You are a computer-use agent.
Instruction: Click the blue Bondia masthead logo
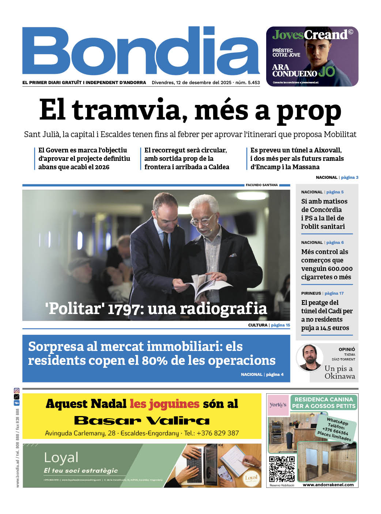coord(141,51)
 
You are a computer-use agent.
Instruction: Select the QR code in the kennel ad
coord(282,469)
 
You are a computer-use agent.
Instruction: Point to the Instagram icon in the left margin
coord(16,391)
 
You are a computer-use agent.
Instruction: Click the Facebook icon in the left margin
coord(16,403)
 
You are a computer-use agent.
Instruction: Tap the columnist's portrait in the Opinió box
coord(309,358)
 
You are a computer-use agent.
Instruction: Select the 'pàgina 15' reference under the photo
coord(280,325)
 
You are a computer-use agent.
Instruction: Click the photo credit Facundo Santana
coord(262,185)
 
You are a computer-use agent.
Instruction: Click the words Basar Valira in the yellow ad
coord(142,420)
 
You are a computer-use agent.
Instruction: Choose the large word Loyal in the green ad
coord(61,457)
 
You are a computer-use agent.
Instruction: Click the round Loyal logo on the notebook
coord(251,478)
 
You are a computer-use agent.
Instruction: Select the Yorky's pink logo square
coord(278,405)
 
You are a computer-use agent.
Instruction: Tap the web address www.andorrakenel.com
coord(328,485)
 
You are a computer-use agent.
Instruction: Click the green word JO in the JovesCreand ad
coord(326,72)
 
